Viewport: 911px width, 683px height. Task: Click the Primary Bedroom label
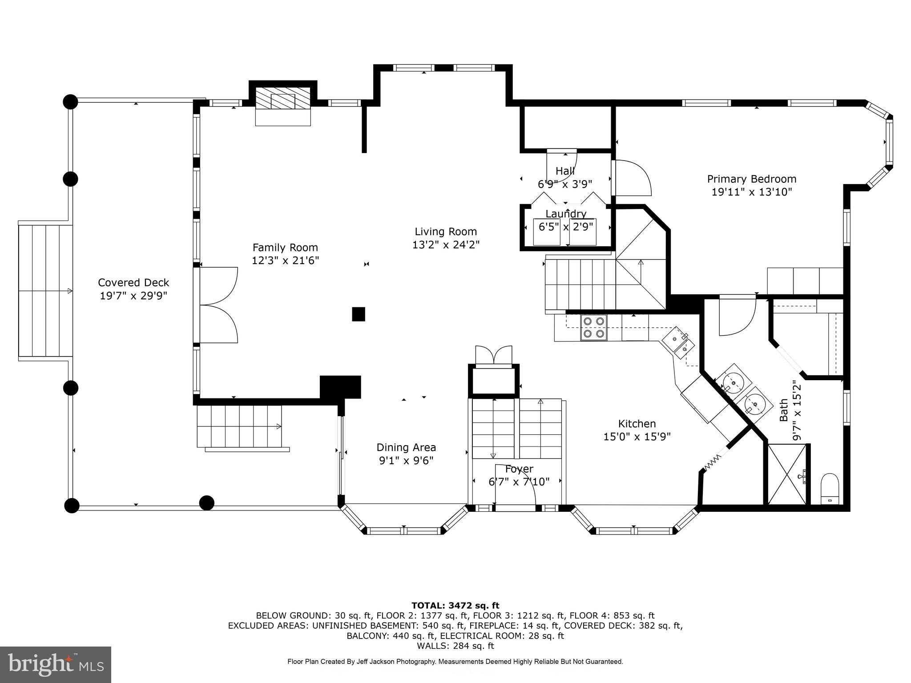(751, 179)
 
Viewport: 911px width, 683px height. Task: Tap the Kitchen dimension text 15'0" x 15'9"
(637, 437)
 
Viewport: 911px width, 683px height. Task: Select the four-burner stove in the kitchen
(594, 327)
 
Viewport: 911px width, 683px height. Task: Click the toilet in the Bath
(829, 488)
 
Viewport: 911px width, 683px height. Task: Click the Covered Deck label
(133, 282)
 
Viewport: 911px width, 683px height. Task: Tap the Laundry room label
(566, 214)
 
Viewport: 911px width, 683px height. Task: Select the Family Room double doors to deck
(218, 305)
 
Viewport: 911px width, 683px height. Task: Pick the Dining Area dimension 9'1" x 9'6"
(406, 461)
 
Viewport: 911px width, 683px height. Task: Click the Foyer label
(519, 469)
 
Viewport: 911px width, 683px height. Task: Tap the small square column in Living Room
(359, 314)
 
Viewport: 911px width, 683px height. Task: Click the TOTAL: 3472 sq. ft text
(455, 606)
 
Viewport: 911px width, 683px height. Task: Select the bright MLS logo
(56, 664)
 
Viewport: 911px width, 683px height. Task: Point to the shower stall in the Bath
(786, 474)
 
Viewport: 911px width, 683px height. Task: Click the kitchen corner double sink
(678, 344)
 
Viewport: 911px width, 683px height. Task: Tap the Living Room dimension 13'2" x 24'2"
(446, 245)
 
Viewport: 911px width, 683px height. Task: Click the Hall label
(565, 171)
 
